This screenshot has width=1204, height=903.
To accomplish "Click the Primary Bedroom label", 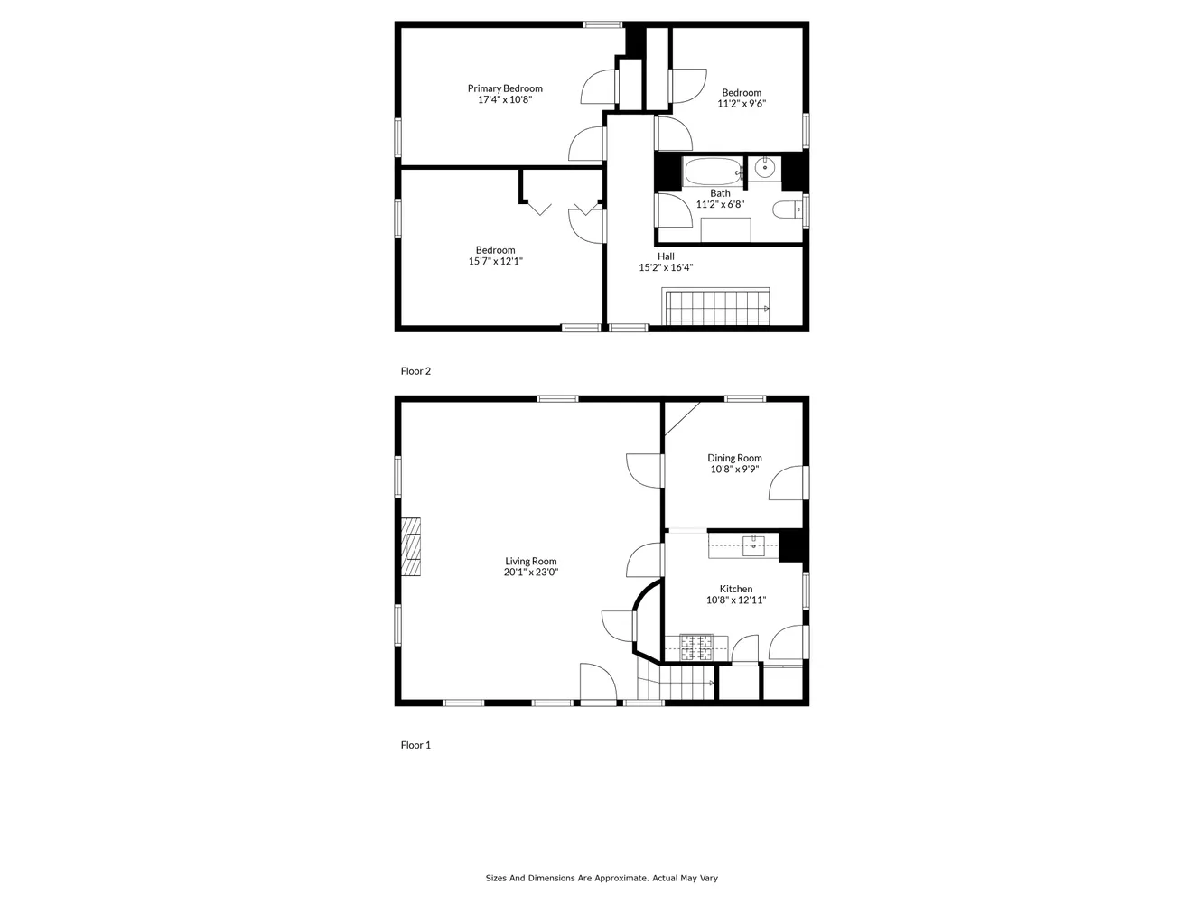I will (505, 88).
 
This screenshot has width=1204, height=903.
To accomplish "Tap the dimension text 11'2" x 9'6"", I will (742, 104).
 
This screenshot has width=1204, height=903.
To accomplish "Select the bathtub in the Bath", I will (713, 171).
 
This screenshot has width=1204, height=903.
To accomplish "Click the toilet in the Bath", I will (787, 209).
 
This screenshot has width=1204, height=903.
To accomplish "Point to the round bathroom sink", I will (765, 167).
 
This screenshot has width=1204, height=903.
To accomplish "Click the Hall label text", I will (666, 256).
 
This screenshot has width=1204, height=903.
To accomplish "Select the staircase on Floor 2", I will (716, 307).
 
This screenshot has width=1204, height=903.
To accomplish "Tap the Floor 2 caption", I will (415, 371).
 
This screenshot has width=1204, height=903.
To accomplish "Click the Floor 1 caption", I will (415, 745).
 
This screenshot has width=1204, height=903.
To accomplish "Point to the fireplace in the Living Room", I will (411, 546).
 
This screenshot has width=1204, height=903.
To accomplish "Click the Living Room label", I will (531, 561).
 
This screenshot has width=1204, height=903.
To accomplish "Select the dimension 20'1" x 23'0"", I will (531, 573).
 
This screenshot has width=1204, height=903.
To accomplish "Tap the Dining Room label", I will (734, 458).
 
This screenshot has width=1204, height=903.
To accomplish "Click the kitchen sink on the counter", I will (753, 545).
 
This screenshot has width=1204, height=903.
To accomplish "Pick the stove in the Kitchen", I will (695, 646).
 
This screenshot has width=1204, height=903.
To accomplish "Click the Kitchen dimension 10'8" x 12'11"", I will (736, 600).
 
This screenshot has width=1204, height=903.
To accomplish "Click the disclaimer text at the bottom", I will (602, 878).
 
